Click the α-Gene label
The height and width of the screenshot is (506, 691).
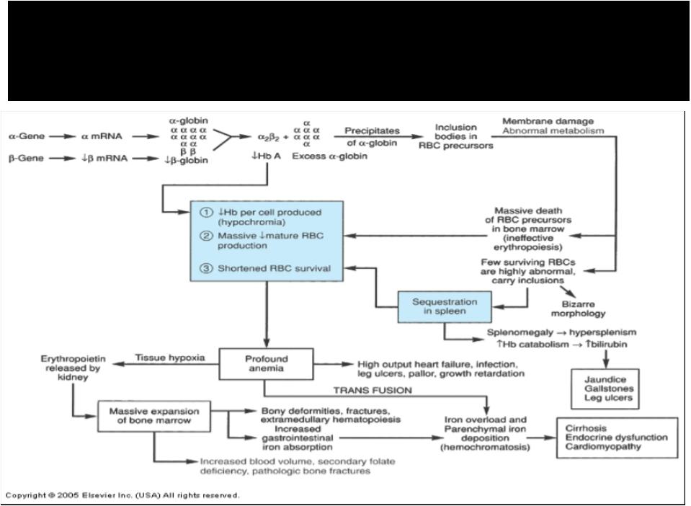click(27, 136)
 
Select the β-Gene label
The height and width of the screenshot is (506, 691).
click(26, 159)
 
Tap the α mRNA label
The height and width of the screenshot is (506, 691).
click(102, 136)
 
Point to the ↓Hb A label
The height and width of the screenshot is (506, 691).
click(266, 156)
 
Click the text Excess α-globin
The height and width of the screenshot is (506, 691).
click(329, 156)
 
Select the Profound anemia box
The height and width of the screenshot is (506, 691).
click(266, 363)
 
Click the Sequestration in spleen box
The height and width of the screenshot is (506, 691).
click(445, 306)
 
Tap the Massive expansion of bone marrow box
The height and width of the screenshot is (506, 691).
click(153, 416)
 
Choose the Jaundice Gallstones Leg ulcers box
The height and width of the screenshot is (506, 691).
click(605, 389)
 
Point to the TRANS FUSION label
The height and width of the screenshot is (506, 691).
click(373, 390)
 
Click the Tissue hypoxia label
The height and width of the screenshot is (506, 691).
click(169, 358)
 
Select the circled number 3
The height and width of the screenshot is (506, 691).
click(206, 268)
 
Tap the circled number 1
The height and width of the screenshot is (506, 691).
click(206, 213)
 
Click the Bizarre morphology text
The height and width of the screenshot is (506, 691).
click(578, 309)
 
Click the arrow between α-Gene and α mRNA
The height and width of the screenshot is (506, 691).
click(62, 137)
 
